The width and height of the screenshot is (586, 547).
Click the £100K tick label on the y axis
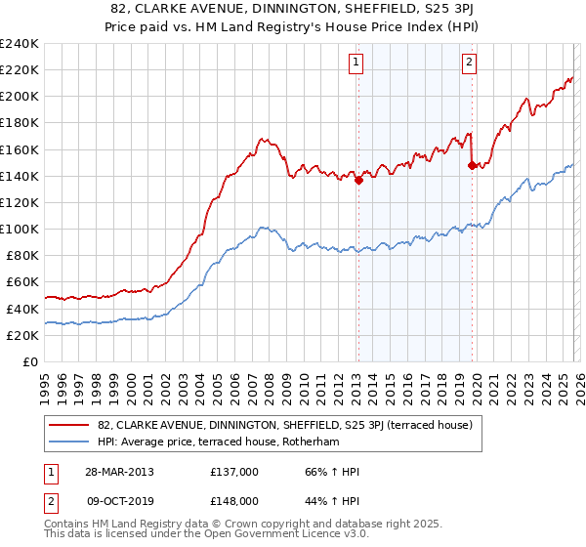pyautogui.click(x=19, y=229)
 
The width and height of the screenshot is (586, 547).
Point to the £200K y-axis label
pyautogui.click(x=19, y=97)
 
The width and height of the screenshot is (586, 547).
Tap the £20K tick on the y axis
pyautogui.click(x=21, y=335)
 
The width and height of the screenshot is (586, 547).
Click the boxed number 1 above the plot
pyautogui.click(x=356, y=63)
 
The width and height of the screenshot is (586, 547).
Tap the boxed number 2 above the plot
pyautogui.click(x=470, y=63)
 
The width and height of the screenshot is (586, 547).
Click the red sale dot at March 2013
pyautogui.click(x=358, y=180)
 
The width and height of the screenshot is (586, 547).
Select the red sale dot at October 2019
pyautogui.click(x=472, y=165)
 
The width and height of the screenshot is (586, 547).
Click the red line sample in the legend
pyautogui.click(x=70, y=425)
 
